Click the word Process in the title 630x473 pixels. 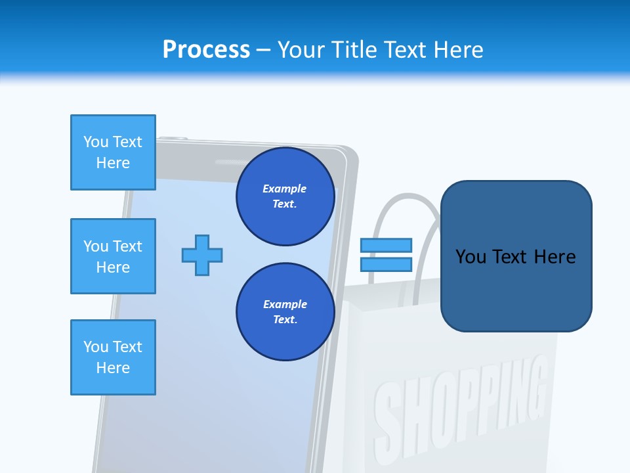[206, 50]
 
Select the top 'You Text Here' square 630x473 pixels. [113, 152]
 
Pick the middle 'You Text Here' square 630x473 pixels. [113, 256]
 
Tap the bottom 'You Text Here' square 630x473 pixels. [113, 357]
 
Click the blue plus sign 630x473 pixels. [202, 255]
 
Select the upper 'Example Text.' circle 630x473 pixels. [285, 196]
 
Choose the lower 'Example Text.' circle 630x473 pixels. [285, 312]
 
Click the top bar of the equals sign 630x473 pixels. [386, 246]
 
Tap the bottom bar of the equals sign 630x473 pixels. [386, 264]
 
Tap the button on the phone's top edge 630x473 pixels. [173, 138]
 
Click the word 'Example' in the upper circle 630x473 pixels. [284, 189]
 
